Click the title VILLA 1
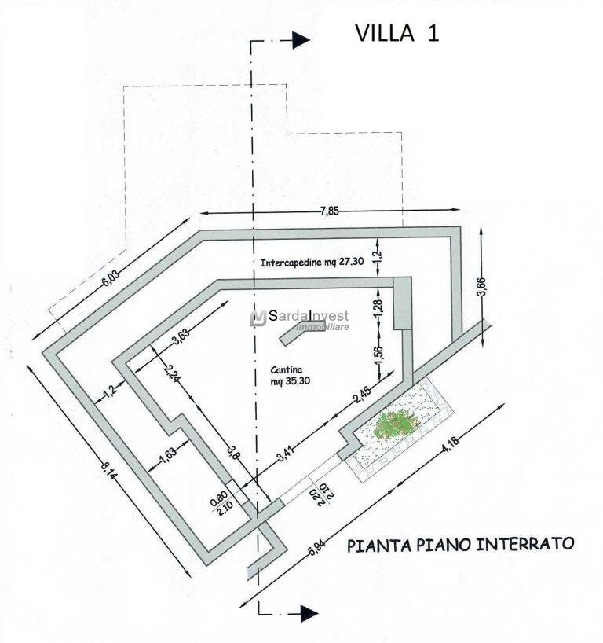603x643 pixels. [x=397, y=33]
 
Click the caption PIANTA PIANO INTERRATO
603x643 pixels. [x=461, y=544]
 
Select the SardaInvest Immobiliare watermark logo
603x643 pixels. [x=299, y=318]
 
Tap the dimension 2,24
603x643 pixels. [x=174, y=377]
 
